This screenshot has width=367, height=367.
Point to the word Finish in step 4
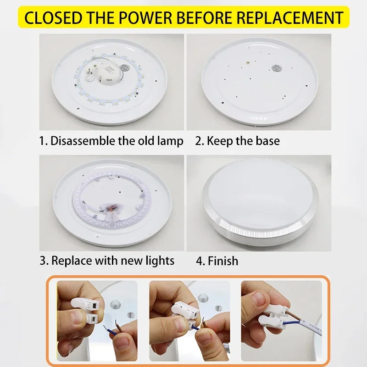(x=223, y=261)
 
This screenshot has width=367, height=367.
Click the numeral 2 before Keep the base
(x=199, y=141)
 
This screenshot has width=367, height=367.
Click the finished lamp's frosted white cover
(x=259, y=193)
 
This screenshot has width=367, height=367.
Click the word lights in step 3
(x=160, y=261)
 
